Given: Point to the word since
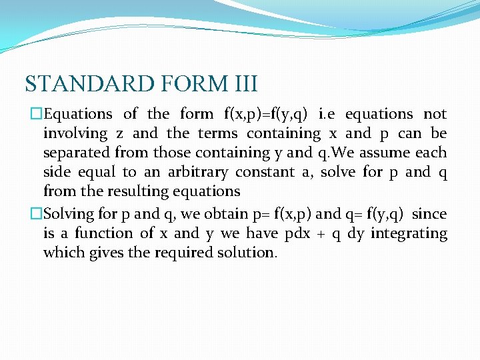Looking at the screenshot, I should click(x=430, y=214).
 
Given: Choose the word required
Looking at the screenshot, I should click(x=179, y=253).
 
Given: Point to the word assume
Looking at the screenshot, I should click(x=386, y=153).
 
